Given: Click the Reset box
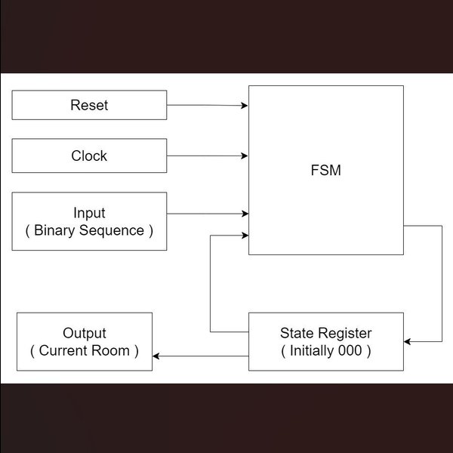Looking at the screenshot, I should [89, 105].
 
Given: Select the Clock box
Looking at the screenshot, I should [89, 156].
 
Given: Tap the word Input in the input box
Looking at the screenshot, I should [89, 213].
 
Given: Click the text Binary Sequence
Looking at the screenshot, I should [89, 230].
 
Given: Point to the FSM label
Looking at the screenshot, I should [325, 170].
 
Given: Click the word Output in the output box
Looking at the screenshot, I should [84, 333].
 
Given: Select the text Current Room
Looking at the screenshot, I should [84, 350].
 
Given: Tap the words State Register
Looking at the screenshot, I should [325, 333].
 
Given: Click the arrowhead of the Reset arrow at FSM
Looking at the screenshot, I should [245, 106].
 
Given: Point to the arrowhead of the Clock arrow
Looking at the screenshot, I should [245, 156].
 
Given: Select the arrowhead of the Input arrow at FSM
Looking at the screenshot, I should [245, 214].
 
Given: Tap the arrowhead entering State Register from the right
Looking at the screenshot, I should [408, 342].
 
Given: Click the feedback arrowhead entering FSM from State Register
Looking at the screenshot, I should [245, 236].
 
